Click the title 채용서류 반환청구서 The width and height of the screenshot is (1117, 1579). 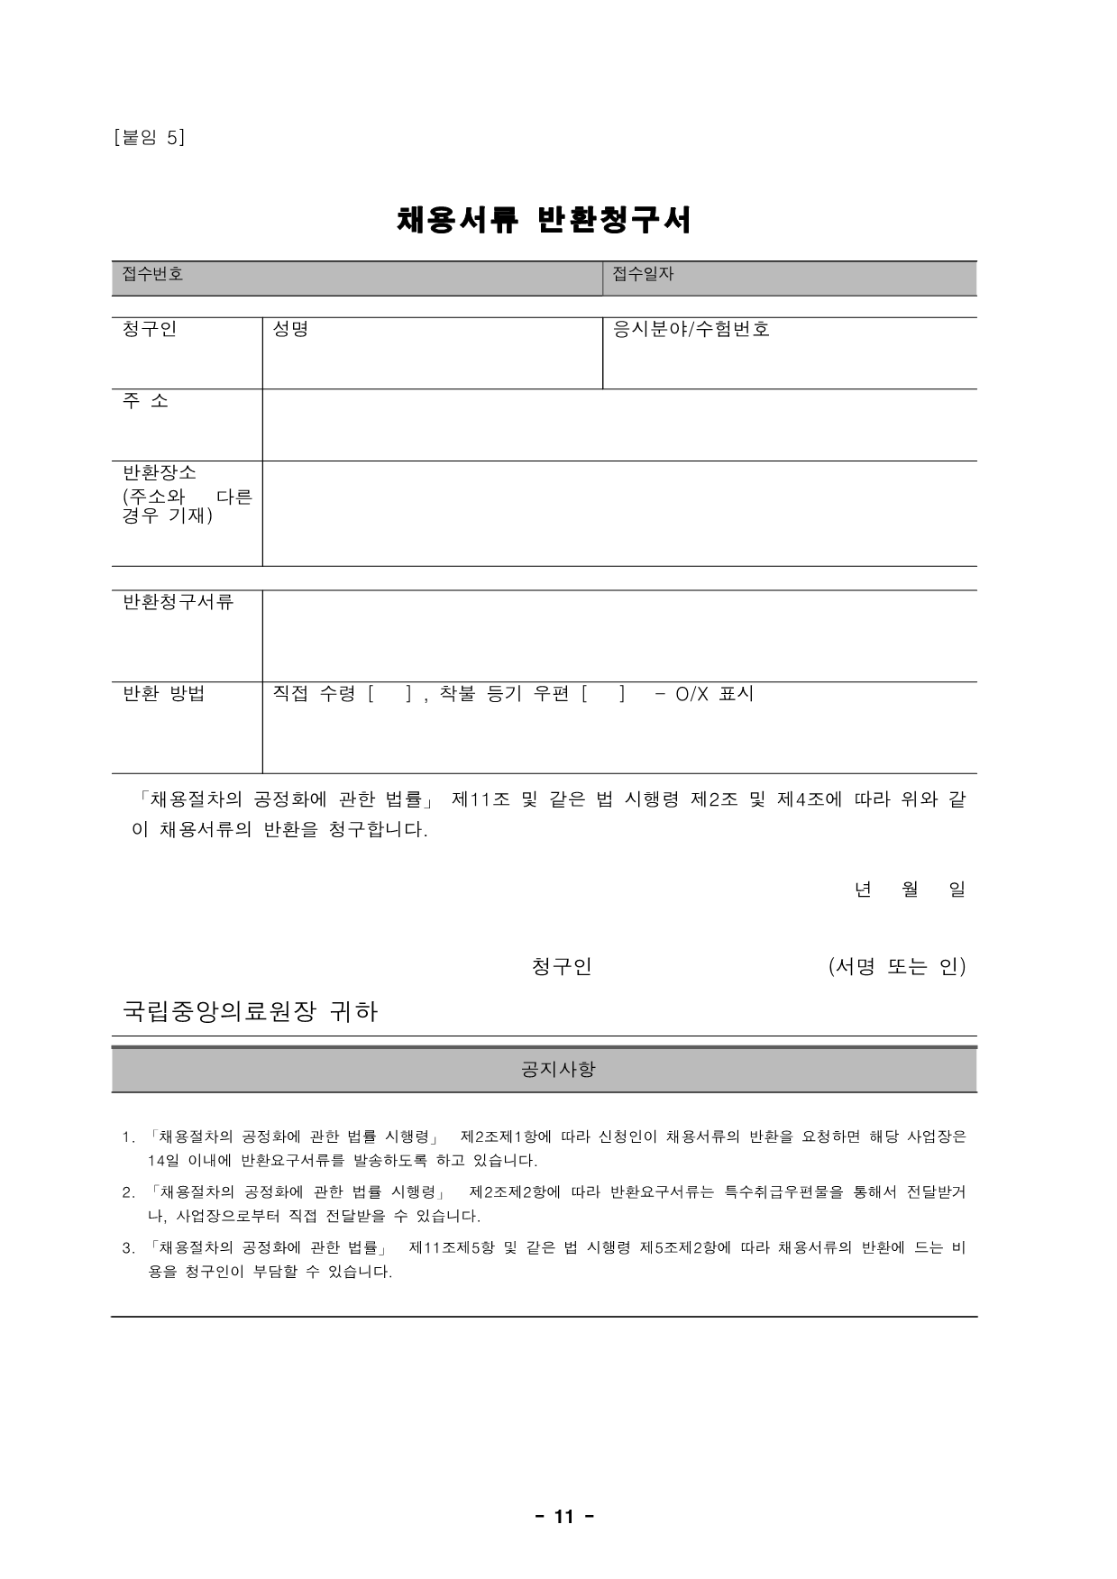coord(545,220)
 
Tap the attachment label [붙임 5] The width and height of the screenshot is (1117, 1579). coord(150,137)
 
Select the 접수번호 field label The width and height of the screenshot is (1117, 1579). coord(152,274)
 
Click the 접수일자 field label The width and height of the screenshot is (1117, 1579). coord(643,274)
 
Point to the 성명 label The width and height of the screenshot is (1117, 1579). coord(290,329)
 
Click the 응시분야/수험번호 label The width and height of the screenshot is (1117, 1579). coord(691,329)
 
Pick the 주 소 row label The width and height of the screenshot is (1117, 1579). coord(145,401)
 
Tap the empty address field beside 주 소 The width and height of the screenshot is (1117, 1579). coord(618,424)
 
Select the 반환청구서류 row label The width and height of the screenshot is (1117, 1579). coord(178,602)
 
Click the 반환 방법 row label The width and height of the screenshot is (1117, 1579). coord(163,693)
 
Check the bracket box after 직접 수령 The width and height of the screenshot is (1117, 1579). coord(390,694)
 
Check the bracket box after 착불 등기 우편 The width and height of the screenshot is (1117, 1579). coord(603,694)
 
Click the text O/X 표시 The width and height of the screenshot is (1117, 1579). coord(714,694)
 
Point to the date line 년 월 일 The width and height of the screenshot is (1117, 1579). coord(909,890)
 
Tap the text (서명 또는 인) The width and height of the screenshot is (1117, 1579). coord(896,966)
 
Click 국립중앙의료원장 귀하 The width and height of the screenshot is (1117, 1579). coord(250,1011)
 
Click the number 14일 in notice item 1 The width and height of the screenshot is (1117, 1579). coord(163,1161)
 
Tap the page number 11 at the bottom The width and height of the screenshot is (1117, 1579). coord(563,1517)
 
